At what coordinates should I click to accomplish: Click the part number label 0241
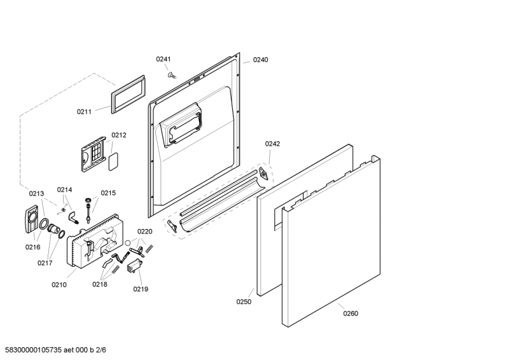click(x=164, y=59)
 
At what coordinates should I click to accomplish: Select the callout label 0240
click(x=260, y=60)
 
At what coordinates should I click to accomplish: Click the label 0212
click(x=119, y=135)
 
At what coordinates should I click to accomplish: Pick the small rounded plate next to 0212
click(x=113, y=162)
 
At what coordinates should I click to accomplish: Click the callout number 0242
click(x=272, y=144)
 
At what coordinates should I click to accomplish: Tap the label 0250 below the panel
click(x=244, y=302)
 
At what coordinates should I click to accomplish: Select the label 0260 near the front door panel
click(x=351, y=314)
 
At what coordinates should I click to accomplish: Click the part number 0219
click(x=141, y=289)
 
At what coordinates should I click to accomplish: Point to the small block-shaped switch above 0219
click(x=134, y=265)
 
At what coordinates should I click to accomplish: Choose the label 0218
click(x=100, y=284)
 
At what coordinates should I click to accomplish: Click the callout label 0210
click(x=59, y=285)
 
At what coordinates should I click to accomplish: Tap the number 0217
click(x=45, y=263)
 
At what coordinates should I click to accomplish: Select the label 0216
click(x=33, y=247)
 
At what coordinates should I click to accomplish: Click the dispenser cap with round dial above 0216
click(x=31, y=219)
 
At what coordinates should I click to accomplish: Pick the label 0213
click(x=36, y=194)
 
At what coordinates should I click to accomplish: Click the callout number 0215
click(x=108, y=193)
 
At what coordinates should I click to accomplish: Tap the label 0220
click(x=145, y=232)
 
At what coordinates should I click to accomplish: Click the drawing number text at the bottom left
click(x=55, y=350)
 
